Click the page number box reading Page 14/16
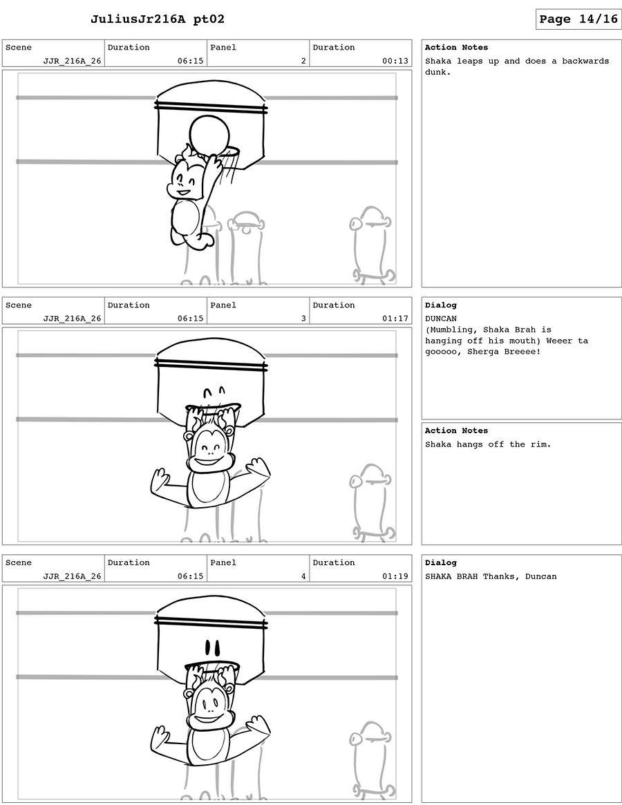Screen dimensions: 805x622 click(x=578, y=19)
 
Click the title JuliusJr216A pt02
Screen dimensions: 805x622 click(x=157, y=19)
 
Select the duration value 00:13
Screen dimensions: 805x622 click(x=395, y=61)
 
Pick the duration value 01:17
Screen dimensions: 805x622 click(x=395, y=319)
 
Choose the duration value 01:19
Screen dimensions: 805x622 click(x=395, y=576)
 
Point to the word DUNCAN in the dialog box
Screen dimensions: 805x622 click(x=441, y=319)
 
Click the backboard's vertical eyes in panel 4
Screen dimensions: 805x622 click(x=212, y=647)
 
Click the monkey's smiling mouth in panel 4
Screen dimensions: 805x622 click(x=207, y=719)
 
